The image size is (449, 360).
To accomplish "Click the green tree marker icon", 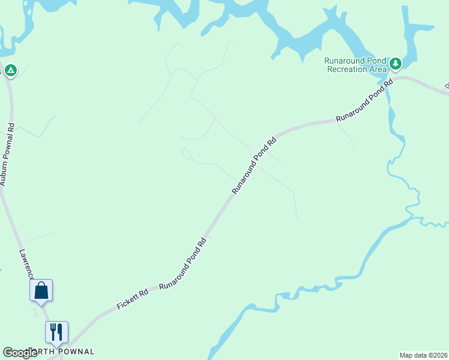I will point(395,63).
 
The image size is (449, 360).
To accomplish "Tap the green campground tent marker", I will point(10,71).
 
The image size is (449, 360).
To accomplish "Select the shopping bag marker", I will point(41,290).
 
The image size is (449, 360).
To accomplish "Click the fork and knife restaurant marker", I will point(56,332).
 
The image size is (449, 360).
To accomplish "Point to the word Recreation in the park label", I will point(348,69).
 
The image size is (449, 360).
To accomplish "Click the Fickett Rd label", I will point(133,298).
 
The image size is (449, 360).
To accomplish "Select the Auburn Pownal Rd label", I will point(8,155).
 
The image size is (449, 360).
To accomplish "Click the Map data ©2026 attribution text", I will point(424,355).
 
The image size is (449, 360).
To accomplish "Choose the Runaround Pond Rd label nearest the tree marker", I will point(364,99).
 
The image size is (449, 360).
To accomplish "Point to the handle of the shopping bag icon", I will point(41,286).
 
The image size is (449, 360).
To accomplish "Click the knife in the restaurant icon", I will point(59,331).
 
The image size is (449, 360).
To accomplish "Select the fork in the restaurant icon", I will point(53,331).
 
